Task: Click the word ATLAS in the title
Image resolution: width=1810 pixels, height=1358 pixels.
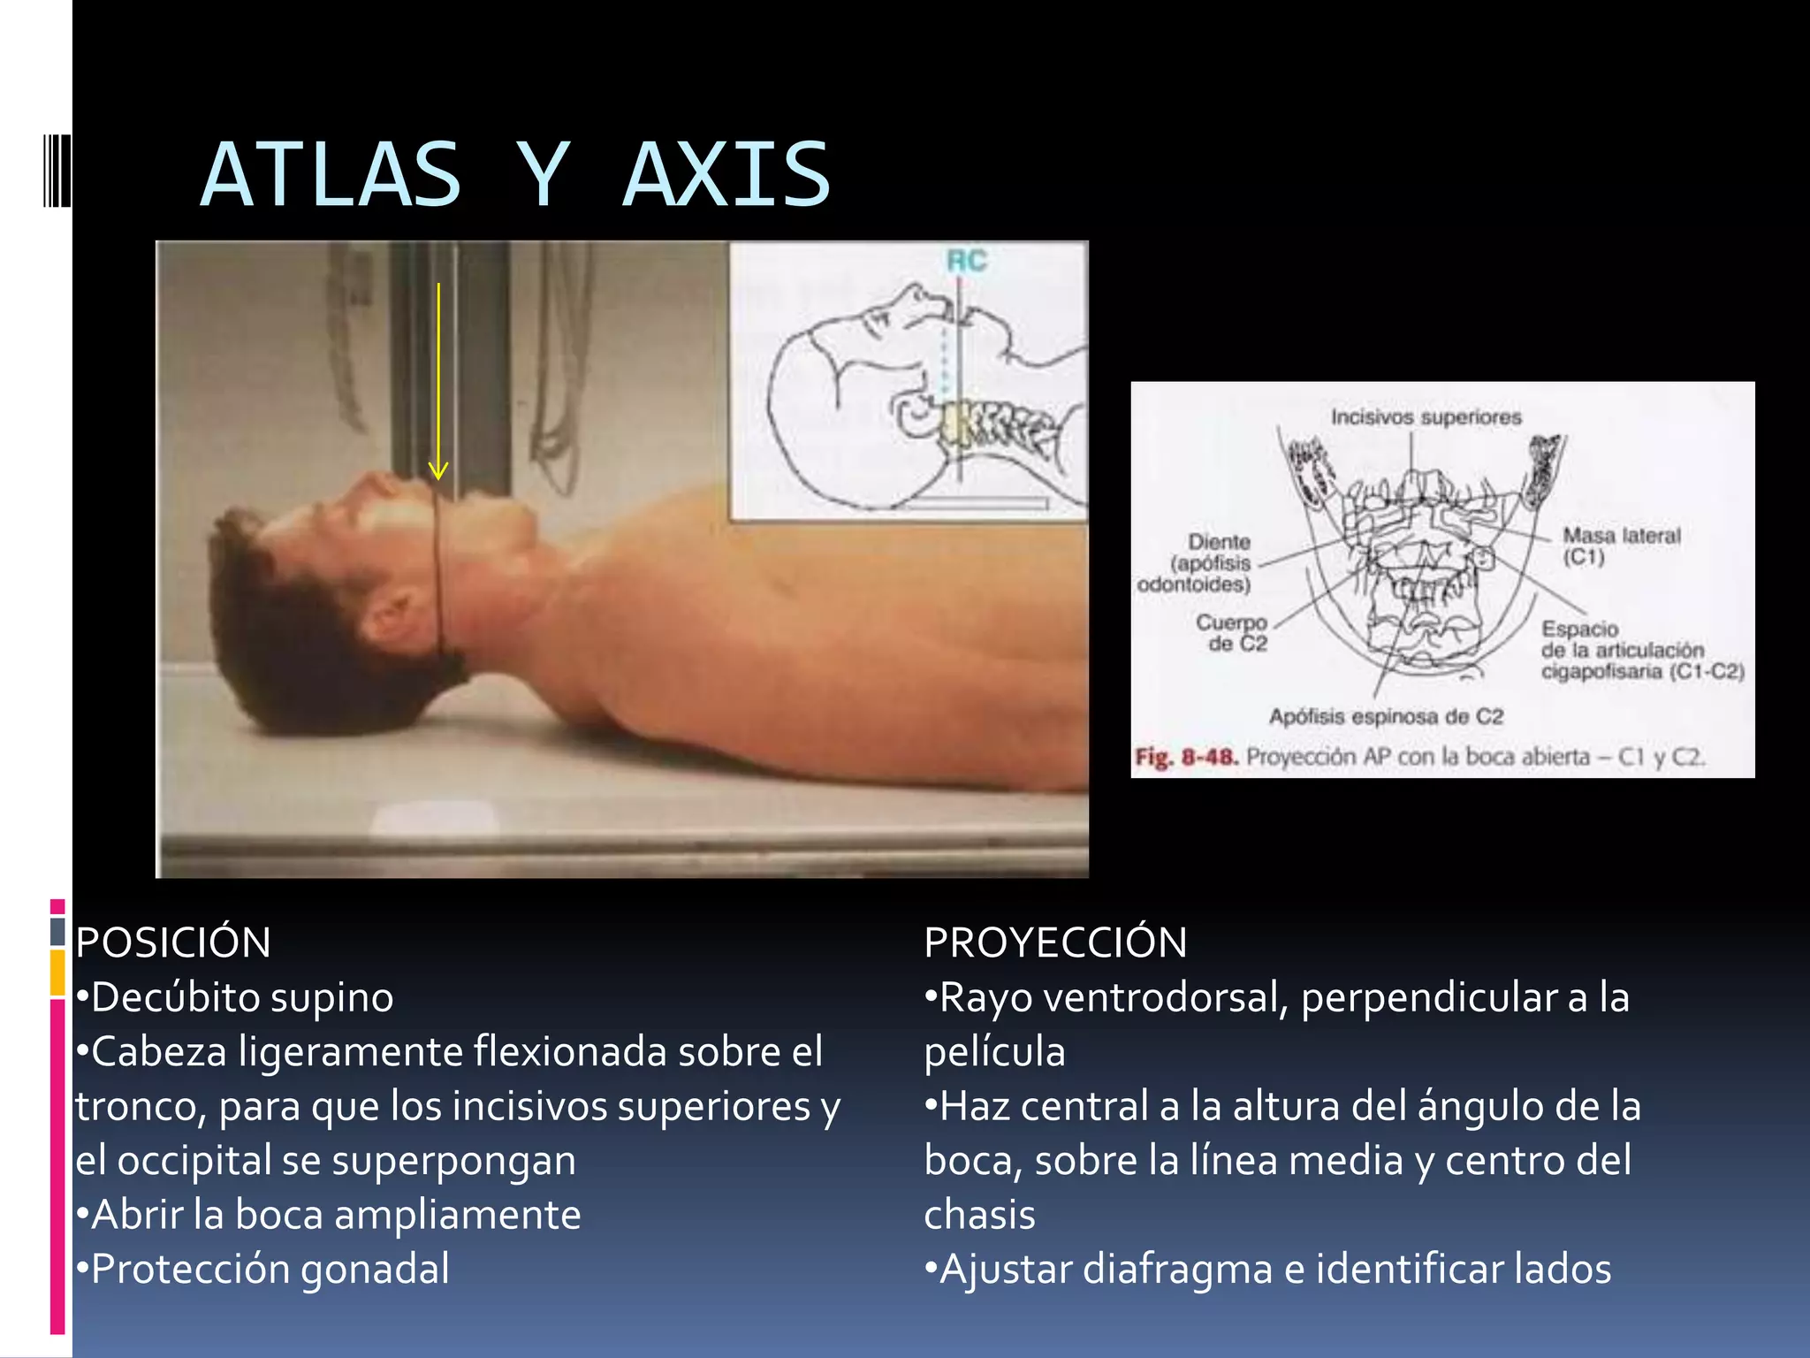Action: [x=331, y=175]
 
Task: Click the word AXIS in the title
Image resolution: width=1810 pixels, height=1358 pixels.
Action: [x=726, y=175]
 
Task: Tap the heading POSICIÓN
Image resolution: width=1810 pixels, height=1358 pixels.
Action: [x=173, y=942]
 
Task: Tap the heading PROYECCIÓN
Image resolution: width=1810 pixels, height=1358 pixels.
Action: [x=1055, y=942]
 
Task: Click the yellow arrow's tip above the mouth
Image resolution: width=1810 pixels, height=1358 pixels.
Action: [x=438, y=476]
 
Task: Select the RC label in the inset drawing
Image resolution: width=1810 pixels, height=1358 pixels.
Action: [x=966, y=262]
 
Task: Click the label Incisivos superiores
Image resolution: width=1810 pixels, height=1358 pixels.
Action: [x=1426, y=417]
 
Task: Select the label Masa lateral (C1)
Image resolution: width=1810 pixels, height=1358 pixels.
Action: [x=1620, y=545]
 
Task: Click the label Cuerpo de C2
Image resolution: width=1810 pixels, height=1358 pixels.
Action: [x=1233, y=633]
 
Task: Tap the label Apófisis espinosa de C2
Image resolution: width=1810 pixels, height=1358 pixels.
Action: [x=1386, y=716]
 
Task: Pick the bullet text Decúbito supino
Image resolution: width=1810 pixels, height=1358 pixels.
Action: [x=241, y=998]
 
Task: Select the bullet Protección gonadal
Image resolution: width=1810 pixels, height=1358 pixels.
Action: [x=270, y=1270]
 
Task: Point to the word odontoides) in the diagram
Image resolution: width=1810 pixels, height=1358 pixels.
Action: [x=1193, y=584]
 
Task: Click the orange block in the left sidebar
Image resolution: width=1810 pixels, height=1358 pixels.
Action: [x=57, y=973]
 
